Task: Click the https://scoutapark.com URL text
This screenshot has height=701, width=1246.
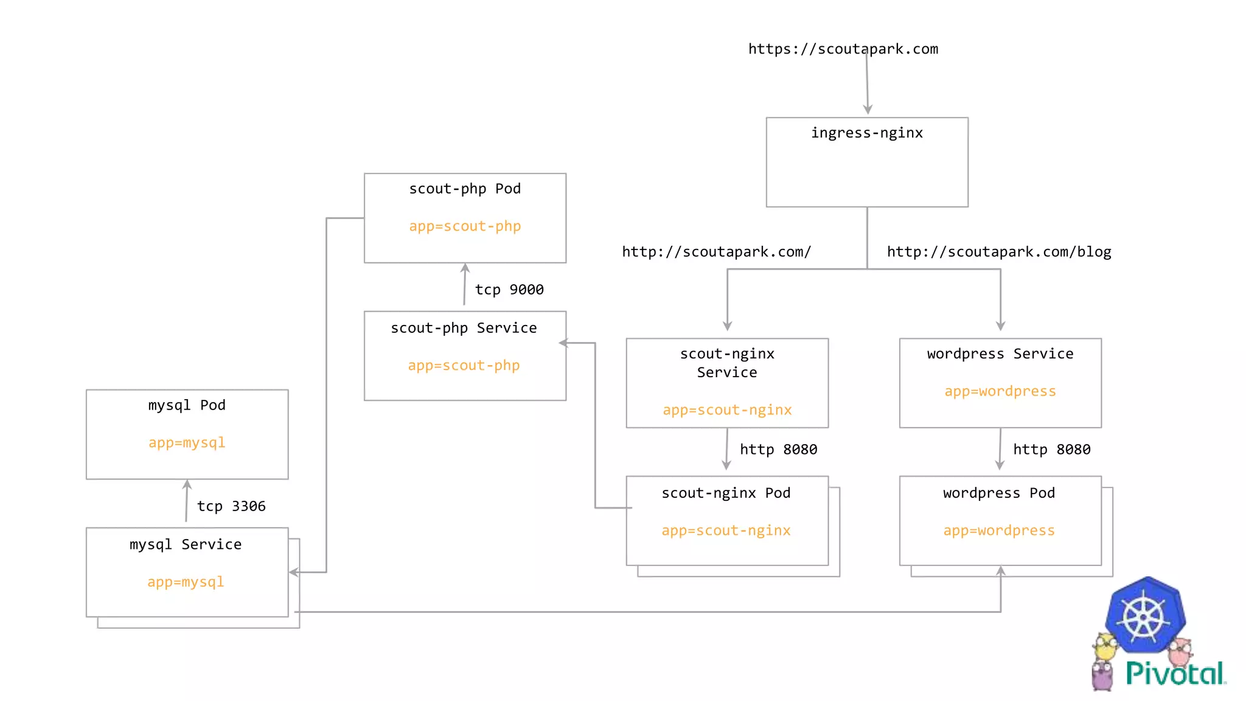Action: pos(843,49)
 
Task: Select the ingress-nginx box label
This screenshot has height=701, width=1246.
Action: pos(866,133)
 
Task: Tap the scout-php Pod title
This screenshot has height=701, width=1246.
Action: pos(465,189)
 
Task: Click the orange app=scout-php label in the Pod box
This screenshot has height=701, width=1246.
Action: pos(465,226)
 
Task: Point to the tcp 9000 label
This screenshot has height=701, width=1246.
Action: pos(509,290)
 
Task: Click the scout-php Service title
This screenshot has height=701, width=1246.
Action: pos(464,328)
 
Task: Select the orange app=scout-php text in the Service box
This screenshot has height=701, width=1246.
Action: pos(464,366)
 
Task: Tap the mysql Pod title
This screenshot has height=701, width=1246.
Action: pos(187,405)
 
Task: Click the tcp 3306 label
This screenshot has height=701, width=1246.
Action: pos(231,506)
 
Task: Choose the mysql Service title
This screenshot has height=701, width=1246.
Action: pos(186,545)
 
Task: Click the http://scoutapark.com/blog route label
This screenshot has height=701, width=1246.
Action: pos(999,252)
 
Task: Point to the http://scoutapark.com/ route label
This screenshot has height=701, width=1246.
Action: pos(716,252)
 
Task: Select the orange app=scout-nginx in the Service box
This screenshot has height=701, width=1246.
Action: pos(727,410)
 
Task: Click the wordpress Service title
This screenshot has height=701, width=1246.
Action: pos(1000,354)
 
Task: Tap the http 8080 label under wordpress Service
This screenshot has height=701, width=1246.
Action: pos(1051,450)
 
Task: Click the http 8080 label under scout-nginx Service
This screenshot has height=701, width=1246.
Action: pos(778,450)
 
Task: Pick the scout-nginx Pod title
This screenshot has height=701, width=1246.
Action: pos(726,493)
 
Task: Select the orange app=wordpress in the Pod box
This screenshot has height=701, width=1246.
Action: pos(999,531)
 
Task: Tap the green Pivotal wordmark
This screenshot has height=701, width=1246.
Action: pos(1175,674)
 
